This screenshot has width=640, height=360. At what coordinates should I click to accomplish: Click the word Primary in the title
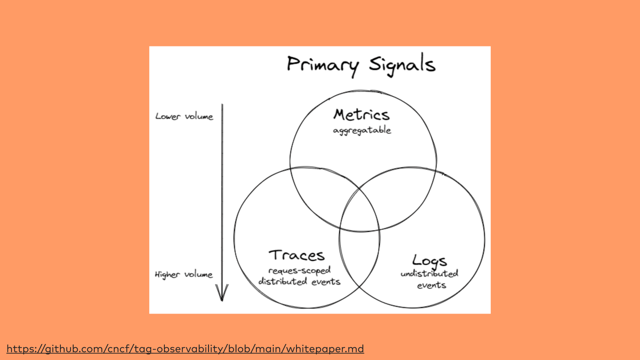point(322,65)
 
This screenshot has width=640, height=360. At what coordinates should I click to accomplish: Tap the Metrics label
point(361,115)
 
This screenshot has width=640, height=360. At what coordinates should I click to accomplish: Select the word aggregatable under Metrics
point(362,130)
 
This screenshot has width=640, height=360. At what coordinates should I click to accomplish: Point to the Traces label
point(296,255)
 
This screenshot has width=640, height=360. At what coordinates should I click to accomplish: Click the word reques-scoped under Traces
point(299,271)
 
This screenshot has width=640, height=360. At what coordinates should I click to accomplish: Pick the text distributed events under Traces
point(299,282)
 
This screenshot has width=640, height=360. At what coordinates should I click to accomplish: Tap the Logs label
point(429,261)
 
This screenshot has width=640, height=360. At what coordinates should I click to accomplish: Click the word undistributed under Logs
point(429,274)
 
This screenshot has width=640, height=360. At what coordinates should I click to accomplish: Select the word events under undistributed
point(431,285)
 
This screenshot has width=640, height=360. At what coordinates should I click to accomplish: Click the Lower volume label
point(184,116)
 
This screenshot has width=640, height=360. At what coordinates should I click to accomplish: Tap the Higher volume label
point(184,274)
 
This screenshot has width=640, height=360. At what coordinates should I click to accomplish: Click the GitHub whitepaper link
point(185,349)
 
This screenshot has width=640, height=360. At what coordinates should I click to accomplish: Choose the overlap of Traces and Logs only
point(359,256)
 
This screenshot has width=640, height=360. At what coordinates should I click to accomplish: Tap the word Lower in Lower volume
point(168,116)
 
